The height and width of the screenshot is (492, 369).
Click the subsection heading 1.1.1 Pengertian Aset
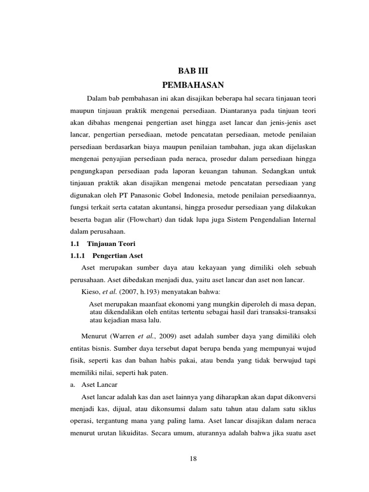pyautogui.click(x=107, y=255)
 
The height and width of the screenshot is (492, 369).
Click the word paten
pyautogui.click(x=152, y=372)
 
